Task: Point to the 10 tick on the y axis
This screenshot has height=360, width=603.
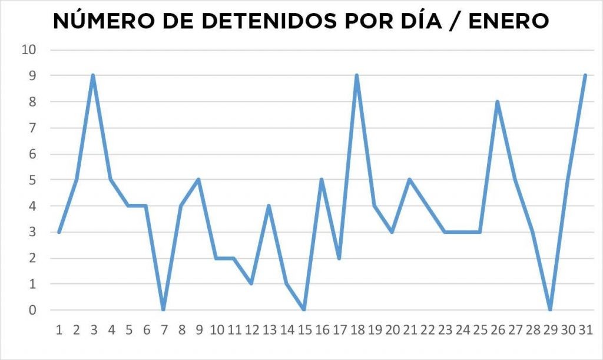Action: tap(29, 49)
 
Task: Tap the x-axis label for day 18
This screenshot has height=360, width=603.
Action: tap(356, 330)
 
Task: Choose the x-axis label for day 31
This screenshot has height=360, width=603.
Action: tap(585, 330)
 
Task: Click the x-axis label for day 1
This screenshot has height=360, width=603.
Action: tap(59, 330)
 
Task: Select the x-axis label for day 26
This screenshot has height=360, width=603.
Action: tap(497, 330)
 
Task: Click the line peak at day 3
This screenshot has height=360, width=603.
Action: tap(93, 75)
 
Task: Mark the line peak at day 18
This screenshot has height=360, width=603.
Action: tap(357, 75)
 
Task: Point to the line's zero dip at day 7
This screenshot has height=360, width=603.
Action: tap(163, 309)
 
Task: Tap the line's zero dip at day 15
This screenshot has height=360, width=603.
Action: tap(304, 309)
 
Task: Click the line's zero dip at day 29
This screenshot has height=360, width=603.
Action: tap(550, 309)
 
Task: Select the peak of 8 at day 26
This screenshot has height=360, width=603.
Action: tap(498, 101)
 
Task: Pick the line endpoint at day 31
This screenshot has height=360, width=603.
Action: tap(585, 75)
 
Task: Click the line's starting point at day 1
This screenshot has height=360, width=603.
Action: tap(58, 232)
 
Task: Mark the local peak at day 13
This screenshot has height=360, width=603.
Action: tap(269, 206)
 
